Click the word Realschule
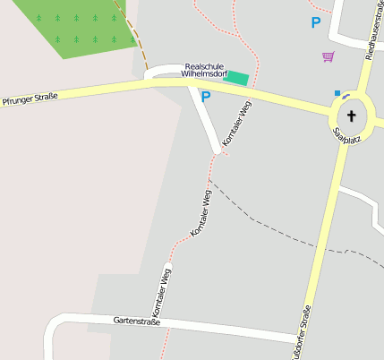205,66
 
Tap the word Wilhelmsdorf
205,75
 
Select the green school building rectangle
236,78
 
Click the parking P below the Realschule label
205,97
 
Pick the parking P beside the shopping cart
315,22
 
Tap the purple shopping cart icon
328,56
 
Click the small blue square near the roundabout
337,92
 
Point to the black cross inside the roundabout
351,116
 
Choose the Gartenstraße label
136,320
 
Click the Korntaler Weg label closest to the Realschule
237,123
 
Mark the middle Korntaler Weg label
201,212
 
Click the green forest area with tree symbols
76,25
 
